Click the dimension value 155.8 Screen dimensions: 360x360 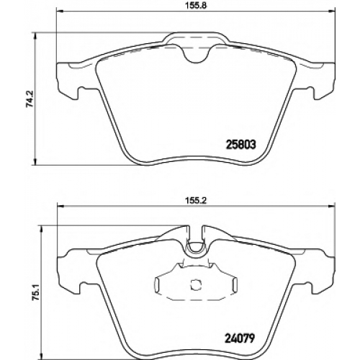(196, 5)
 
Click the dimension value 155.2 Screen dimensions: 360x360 (196, 201)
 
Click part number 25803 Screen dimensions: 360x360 (240, 145)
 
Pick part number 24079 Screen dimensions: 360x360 (239, 338)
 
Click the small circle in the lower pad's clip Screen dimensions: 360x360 (196, 284)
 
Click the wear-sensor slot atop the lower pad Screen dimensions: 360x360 (196, 238)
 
